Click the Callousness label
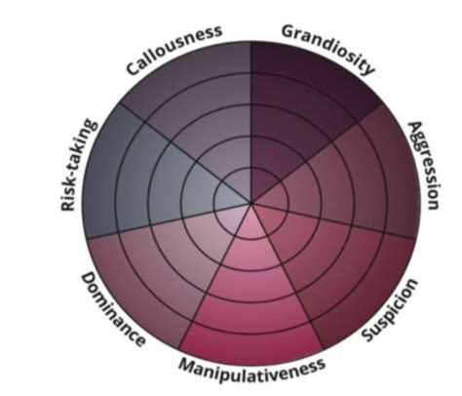(x=174, y=49)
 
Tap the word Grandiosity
(x=327, y=48)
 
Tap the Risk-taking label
(x=78, y=164)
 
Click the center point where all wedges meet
(x=250, y=204)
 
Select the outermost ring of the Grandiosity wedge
(x=312, y=76)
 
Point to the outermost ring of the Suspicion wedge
(x=361, y=292)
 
